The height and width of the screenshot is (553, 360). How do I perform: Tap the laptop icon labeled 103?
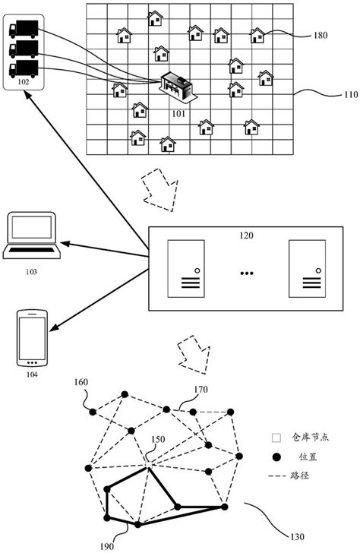click(31, 235)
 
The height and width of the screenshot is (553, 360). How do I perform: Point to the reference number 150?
click(157, 438)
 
